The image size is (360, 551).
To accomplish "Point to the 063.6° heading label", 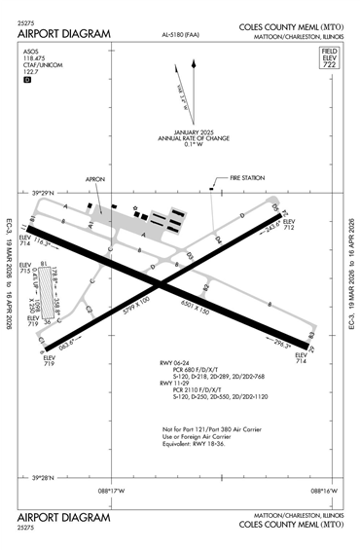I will click(65, 344).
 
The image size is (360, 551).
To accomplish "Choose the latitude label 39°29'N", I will click(45, 193).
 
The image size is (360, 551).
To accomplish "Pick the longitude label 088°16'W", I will click(323, 492).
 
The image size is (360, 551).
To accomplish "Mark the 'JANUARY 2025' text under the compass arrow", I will click(198, 131).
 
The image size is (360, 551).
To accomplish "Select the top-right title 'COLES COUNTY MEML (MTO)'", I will click(290, 32).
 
